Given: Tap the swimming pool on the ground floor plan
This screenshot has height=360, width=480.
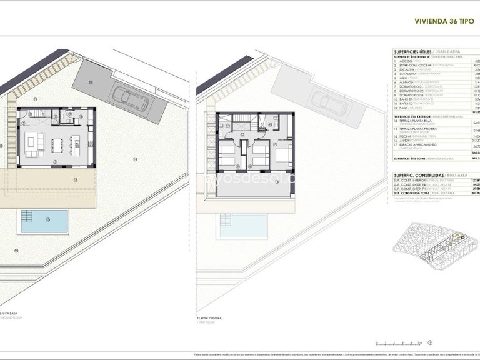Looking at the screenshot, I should point(44,221).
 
